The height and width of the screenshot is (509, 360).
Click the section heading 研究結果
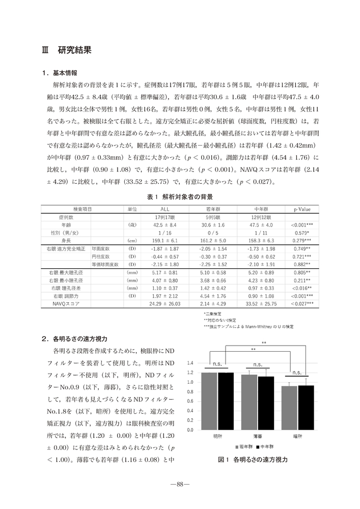74,50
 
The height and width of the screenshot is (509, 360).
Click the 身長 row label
66,240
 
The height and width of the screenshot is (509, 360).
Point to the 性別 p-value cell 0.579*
301,232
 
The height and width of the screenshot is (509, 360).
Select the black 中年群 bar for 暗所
306,407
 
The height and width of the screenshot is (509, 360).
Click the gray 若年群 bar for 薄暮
250,402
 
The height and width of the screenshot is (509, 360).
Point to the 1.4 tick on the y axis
190,363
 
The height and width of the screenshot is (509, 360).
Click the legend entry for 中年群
265,446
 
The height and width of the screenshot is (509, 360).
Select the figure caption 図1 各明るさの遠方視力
253,460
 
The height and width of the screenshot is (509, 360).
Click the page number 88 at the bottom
180,484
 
